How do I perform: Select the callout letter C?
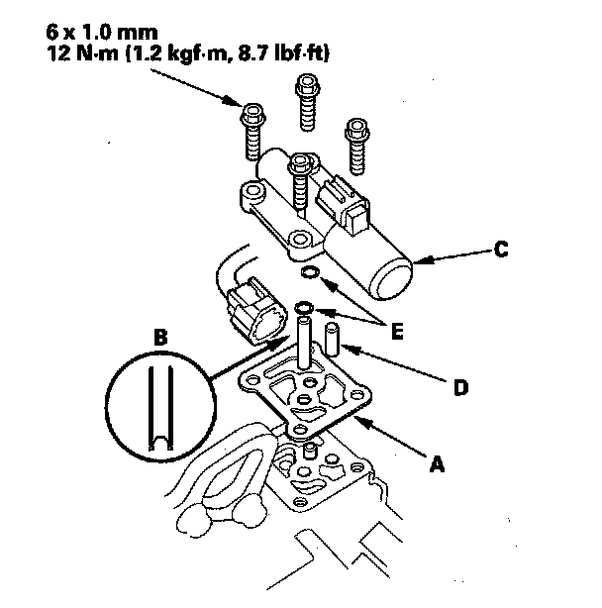point(501,250)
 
